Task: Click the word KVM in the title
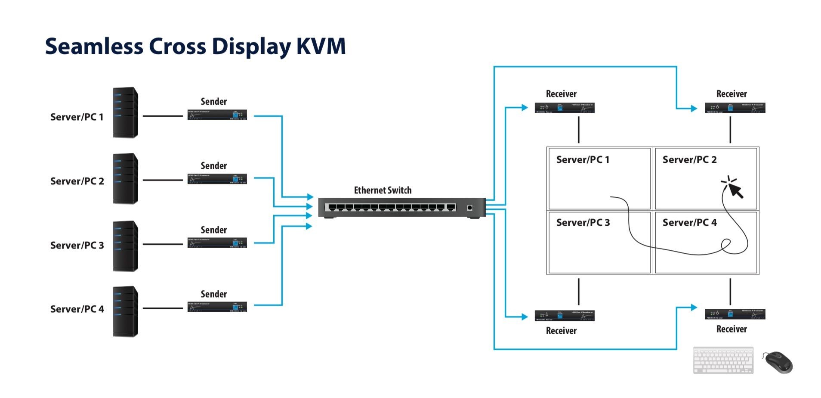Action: (x=321, y=47)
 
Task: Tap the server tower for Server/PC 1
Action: (x=125, y=113)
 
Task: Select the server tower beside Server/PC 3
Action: (x=125, y=246)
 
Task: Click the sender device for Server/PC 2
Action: (x=217, y=179)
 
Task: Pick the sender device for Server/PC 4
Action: (x=217, y=307)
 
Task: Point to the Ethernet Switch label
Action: (x=383, y=190)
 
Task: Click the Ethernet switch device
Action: (x=401, y=208)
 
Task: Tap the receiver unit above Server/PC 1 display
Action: (x=564, y=108)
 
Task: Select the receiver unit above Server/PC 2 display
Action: (x=735, y=108)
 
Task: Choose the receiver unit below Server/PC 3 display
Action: (x=564, y=316)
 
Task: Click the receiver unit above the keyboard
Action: (x=735, y=314)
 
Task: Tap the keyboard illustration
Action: (x=723, y=360)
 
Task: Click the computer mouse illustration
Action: (x=778, y=362)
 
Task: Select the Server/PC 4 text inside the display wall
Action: (x=689, y=223)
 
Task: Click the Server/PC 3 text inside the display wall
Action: (x=583, y=223)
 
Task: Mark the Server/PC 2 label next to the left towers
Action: (x=77, y=181)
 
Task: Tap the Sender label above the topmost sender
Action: (x=213, y=102)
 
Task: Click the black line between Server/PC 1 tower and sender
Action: (x=163, y=116)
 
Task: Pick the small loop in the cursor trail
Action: (x=726, y=244)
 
